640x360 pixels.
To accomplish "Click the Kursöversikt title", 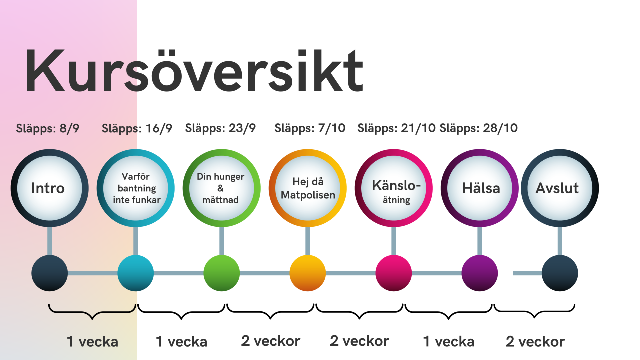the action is pos(194,71).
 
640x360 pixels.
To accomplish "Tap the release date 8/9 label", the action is pos(47,129).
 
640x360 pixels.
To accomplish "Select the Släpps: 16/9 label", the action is pos(137,129).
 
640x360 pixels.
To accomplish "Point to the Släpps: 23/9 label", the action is pos(220,128).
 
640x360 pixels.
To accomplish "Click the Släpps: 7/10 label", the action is pos(310,128).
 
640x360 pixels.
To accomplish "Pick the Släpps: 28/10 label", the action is pos(478,128).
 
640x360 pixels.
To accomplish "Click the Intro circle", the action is pos(49,188).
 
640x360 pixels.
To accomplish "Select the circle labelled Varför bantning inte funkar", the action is pos(135,188).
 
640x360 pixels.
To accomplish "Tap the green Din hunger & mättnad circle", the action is pos(221,188).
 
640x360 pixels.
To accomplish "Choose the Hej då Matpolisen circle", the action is pos(307,188).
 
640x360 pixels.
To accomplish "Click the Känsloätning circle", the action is pos(393,188).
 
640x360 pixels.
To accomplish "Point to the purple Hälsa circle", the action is pos(479,188).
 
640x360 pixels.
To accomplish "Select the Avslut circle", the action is pos(560,188).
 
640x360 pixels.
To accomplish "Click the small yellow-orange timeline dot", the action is pos(307,273).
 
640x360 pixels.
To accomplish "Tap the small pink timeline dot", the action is pos(393,273).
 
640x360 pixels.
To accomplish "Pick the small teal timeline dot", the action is pos(135,273).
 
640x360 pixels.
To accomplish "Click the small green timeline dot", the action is pos(221,273).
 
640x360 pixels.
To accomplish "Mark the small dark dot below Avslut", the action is pos(560,273).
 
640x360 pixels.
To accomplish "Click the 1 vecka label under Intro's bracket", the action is pos(92,341).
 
